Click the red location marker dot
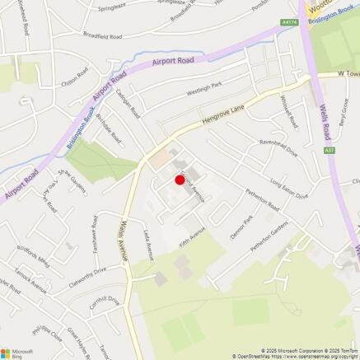tap(179, 180)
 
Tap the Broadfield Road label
tap(102, 36)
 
